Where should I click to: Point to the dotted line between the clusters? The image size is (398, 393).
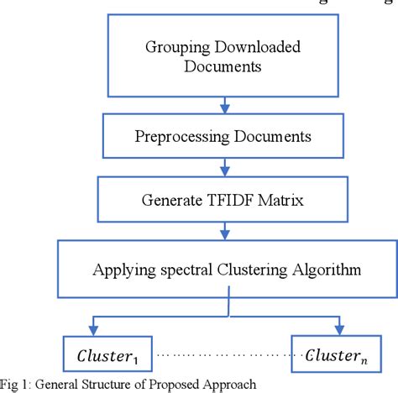[218, 356]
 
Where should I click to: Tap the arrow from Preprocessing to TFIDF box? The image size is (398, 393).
[223, 170]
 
